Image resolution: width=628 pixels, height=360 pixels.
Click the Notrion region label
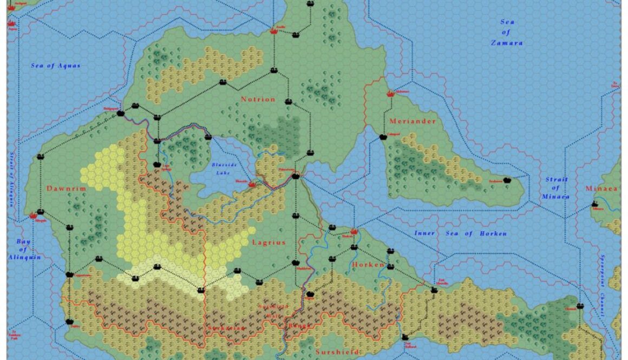pyautogui.click(x=258, y=100)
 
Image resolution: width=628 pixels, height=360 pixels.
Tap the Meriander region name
pyautogui.click(x=413, y=121)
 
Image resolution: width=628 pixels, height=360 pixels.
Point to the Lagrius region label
pyautogui.click(x=269, y=243)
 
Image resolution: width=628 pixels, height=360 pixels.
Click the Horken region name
pyautogui.click(x=368, y=265)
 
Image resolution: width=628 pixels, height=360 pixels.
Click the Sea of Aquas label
pyautogui.click(x=55, y=66)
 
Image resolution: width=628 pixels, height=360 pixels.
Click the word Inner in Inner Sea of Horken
pyautogui.click(x=425, y=233)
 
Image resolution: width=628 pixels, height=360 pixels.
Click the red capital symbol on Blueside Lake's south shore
pyautogui.click(x=252, y=185)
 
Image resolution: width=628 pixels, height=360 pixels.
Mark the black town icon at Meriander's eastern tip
pyautogui.click(x=507, y=180)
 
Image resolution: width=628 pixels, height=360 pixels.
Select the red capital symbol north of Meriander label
pyautogui.click(x=390, y=94)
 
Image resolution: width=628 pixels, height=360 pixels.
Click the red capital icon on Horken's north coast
pyautogui.click(x=355, y=231)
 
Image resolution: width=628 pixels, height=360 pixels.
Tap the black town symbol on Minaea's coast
pyautogui.click(x=595, y=204)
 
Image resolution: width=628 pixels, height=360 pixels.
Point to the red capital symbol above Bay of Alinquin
pyautogui.click(x=40, y=213)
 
